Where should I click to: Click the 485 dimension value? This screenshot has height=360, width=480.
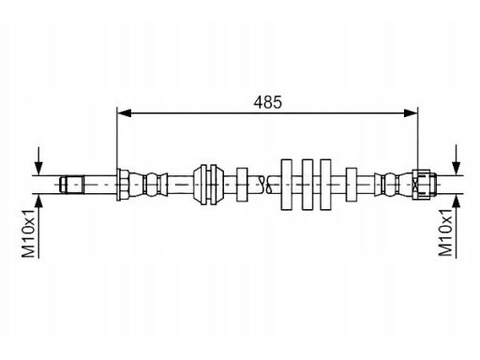click(x=267, y=102)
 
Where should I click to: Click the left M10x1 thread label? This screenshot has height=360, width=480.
click(x=28, y=233)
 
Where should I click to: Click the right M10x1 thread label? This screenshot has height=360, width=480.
click(x=445, y=232)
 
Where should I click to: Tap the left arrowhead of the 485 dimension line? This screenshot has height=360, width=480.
click(x=124, y=113)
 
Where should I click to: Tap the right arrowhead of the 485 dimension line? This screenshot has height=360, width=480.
click(x=411, y=113)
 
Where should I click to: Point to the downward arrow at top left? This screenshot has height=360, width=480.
click(x=38, y=161)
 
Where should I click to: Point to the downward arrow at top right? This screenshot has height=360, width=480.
click(x=457, y=159)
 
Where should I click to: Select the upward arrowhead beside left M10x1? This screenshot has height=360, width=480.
click(x=38, y=202)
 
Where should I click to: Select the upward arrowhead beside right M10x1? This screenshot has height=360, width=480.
click(x=457, y=202)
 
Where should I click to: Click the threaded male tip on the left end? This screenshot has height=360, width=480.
click(x=72, y=185)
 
